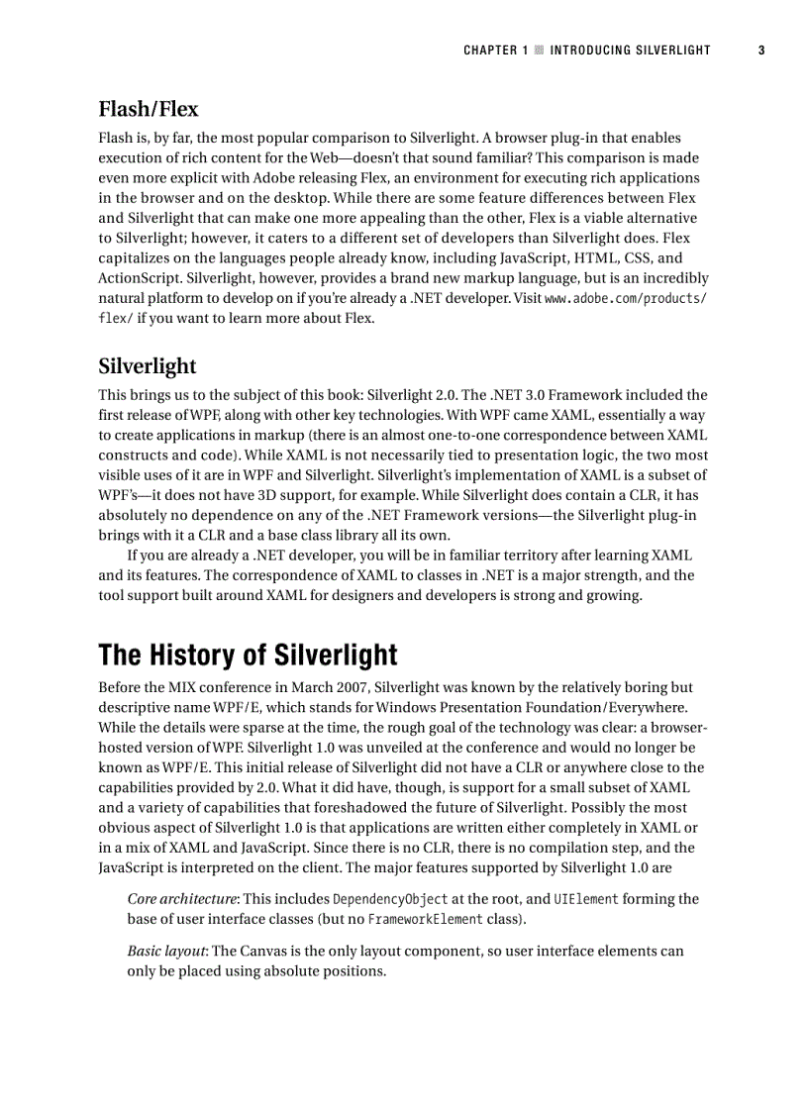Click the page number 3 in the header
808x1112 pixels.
[x=761, y=50]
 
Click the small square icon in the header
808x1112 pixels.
[x=540, y=50]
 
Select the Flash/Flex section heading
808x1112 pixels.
[x=149, y=108]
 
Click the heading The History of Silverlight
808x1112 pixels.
[x=248, y=656]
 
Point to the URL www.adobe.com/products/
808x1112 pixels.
[x=625, y=299]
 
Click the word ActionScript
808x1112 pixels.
[x=138, y=278]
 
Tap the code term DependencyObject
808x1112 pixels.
[x=390, y=899]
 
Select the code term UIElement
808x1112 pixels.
[x=585, y=899]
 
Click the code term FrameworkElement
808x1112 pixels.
[x=425, y=920]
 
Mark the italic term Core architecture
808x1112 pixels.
[x=182, y=899]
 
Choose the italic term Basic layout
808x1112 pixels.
[x=166, y=952]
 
